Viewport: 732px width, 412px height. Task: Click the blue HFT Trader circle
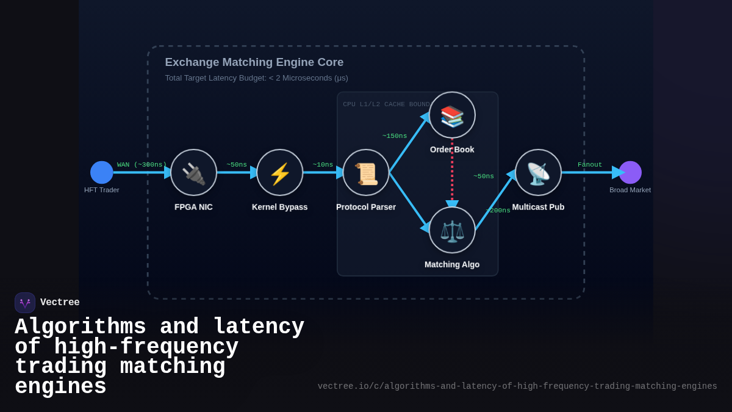[x=102, y=172]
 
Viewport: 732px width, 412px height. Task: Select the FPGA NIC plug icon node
[x=193, y=172]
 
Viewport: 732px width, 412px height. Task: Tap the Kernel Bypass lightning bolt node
[x=279, y=172]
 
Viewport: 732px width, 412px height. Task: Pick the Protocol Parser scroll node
[x=366, y=172]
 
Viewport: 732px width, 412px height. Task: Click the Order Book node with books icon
[x=452, y=115]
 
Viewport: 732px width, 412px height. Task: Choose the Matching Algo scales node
[x=452, y=230]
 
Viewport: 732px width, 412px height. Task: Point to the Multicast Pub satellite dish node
[x=538, y=172]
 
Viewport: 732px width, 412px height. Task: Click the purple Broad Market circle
[x=630, y=172]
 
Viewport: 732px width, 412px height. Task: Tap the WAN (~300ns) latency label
[x=142, y=165]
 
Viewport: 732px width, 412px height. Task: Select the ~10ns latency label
[x=323, y=165]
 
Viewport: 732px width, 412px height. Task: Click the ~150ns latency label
[x=395, y=136]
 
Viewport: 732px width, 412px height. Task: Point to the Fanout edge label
[x=590, y=165]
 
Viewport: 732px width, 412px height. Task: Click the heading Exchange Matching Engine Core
[x=254, y=62]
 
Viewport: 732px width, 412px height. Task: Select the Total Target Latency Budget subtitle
[x=256, y=78]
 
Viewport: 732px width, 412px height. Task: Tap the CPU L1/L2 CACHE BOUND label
[x=386, y=104]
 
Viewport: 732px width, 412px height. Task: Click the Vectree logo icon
[x=25, y=303]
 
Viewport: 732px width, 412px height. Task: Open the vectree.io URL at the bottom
[x=517, y=386]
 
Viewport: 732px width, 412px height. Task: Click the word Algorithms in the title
[x=81, y=327]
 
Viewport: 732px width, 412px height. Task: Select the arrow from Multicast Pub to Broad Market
[x=589, y=173]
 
